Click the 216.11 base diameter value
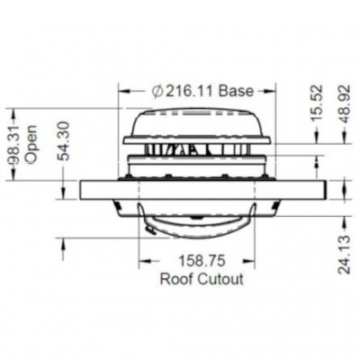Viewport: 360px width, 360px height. [x=193, y=91]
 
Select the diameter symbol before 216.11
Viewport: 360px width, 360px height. [x=156, y=91]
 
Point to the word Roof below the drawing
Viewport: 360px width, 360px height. [x=176, y=279]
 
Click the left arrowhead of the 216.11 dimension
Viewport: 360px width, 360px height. [x=124, y=91]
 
